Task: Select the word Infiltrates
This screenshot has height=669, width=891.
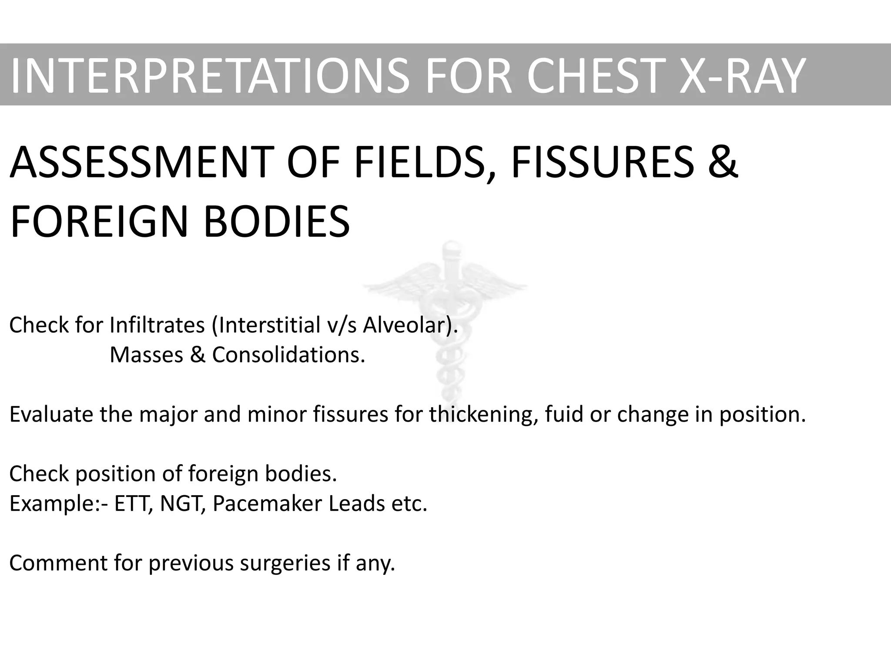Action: [x=157, y=325]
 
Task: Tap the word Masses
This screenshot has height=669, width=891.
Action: [x=147, y=355]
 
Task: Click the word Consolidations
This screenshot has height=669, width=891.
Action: [x=288, y=355]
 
